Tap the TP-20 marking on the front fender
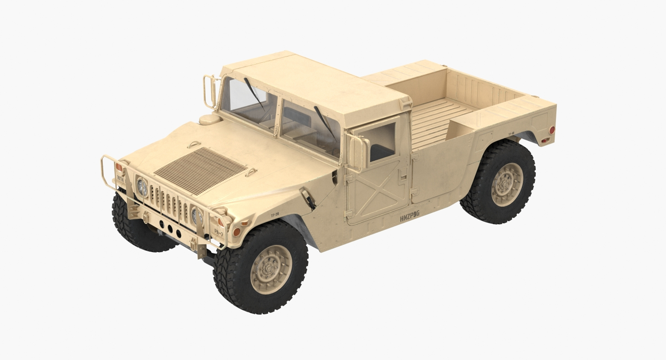tap(275, 215)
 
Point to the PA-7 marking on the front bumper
tap(219, 231)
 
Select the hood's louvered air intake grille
tap(200, 170)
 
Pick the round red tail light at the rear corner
tap(552, 130)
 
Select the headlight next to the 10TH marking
tap(142, 187)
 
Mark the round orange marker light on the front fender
tap(237, 232)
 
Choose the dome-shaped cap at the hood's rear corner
tap(210, 119)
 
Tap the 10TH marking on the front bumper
tap(120, 179)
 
